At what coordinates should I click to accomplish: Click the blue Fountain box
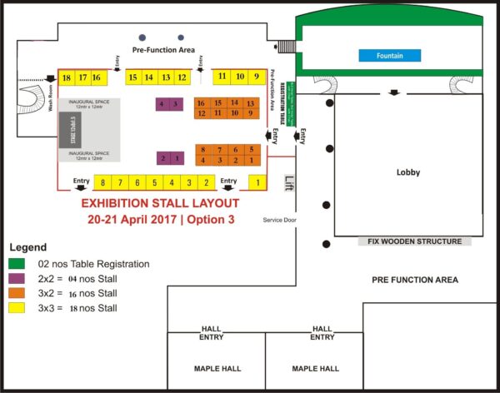click(389, 56)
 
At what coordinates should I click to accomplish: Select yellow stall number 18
click(66, 77)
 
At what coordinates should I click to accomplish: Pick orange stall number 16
click(201, 103)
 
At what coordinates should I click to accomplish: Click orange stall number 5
click(251, 150)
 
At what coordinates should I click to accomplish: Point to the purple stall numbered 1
click(177, 158)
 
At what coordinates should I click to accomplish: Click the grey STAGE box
click(72, 130)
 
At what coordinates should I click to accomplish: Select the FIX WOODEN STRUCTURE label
click(414, 241)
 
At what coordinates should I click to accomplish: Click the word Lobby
click(407, 173)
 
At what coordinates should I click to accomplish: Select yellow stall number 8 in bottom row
click(102, 182)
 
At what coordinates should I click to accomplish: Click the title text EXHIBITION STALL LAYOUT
click(160, 203)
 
